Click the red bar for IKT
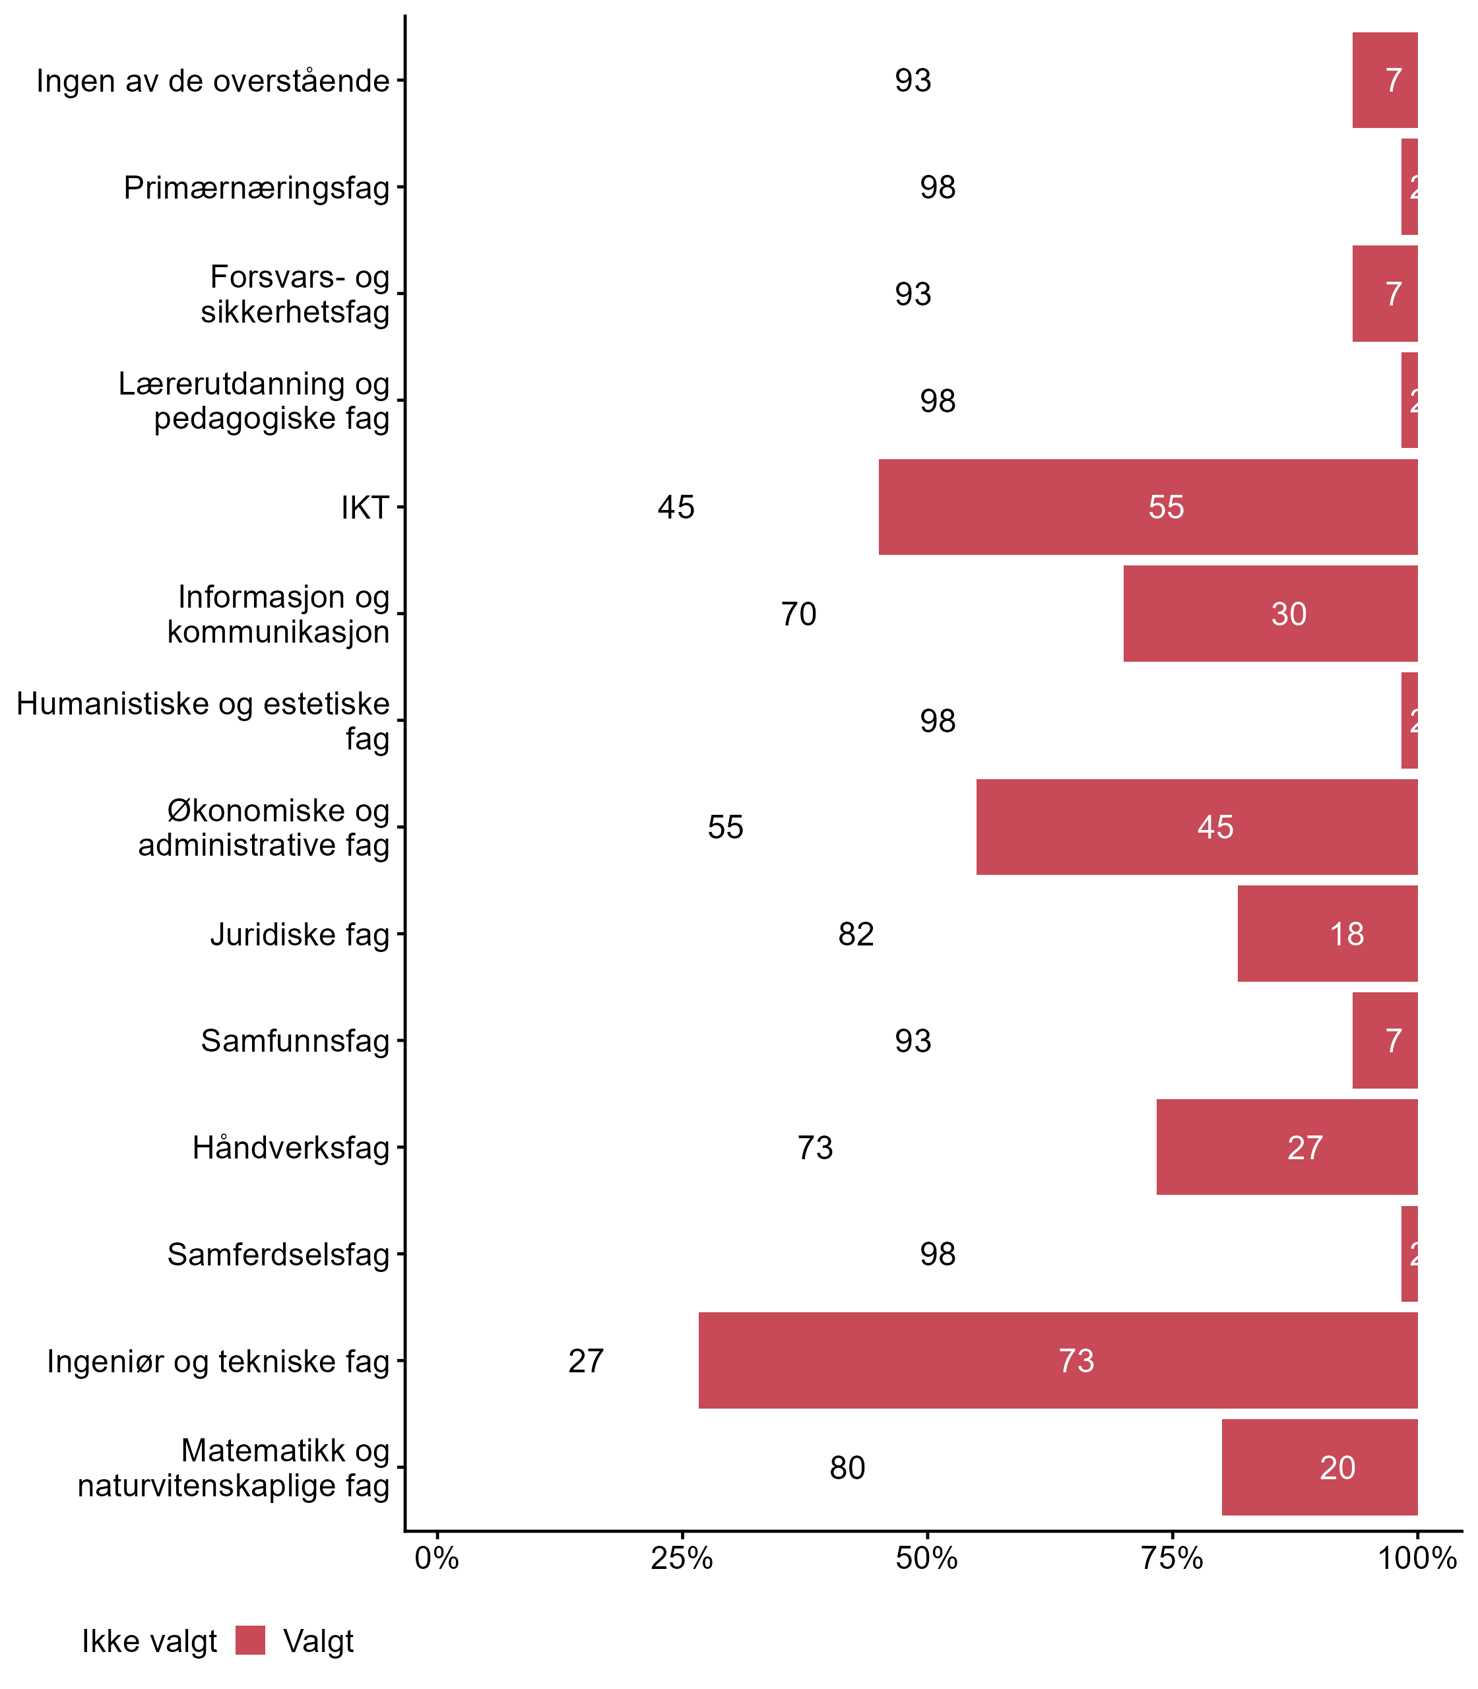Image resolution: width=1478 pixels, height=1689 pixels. tap(1147, 507)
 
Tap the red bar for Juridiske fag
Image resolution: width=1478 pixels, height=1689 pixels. tap(1327, 934)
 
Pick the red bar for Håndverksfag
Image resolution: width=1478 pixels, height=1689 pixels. tap(1287, 1147)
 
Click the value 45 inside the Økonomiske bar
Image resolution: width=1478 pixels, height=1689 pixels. tap(1215, 827)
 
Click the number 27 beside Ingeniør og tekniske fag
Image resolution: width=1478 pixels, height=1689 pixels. tap(586, 1360)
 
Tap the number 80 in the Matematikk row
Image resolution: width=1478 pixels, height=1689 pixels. tap(847, 1468)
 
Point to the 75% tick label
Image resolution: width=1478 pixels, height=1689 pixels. tap(1172, 1558)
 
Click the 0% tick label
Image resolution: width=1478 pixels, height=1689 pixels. tap(436, 1558)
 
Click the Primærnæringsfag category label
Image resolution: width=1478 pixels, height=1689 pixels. tap(256, 188)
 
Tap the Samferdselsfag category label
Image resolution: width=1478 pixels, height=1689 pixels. tap(278, 1254)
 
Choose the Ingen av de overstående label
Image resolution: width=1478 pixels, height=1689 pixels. tap(212, 80)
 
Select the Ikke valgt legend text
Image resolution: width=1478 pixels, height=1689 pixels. tap(149, 1641)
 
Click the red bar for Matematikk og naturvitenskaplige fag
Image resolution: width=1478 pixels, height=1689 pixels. tap(1319, 1467)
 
